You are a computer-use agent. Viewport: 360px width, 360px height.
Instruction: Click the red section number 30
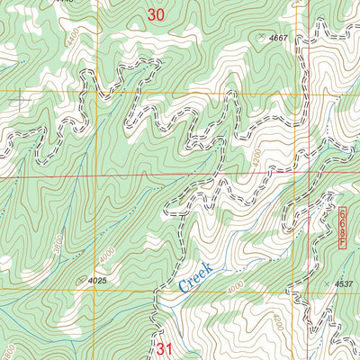coord(157,14)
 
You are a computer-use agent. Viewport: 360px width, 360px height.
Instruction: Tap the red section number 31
coord(163,347)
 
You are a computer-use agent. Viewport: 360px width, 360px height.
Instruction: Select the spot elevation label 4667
coord(283,38)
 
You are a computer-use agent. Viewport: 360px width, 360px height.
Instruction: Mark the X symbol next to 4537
coord(326,284)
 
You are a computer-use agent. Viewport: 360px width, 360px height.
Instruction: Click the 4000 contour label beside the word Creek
coord(236,287)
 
